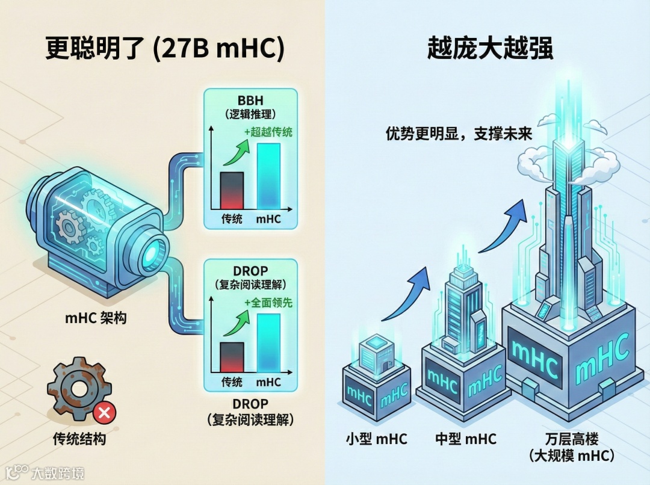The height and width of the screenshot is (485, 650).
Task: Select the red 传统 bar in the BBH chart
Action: [x=232, y=190]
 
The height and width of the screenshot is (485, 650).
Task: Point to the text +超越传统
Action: [x=268, y=132]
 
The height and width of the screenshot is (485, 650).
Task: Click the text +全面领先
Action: [x=268, y=303]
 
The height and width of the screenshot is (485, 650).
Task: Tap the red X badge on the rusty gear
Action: [x=104, y=413]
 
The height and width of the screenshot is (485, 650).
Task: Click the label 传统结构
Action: [x=79, y=439]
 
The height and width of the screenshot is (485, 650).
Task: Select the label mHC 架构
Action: [x=96, y=317]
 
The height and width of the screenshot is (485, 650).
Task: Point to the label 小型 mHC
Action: [x=376, y=439]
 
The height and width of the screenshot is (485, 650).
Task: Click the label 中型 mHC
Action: [x=466, y=439]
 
